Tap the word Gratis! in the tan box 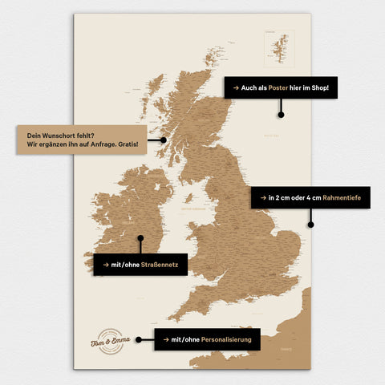(x=126, y=145)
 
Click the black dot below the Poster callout (x=281, y=114)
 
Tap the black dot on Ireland (x=140, y=238)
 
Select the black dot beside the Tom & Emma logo (x=138, y=339)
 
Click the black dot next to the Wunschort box (x=163, y=140)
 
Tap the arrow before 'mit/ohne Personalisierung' (x=165, y=339)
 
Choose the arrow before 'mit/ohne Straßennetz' (x=105, y=264)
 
